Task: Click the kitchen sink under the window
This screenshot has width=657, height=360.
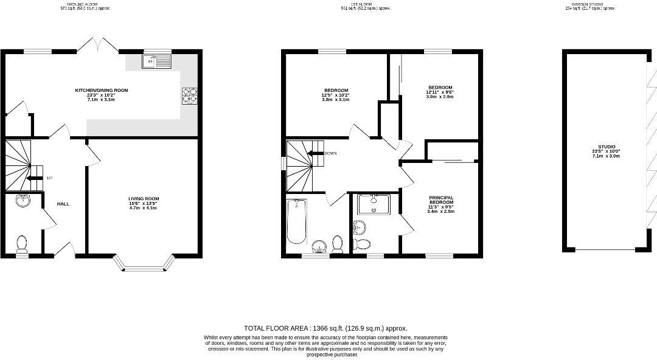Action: coord(157,61)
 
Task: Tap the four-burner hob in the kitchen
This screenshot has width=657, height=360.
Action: coord(189,96)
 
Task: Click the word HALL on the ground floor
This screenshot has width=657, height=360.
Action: coord(63,204)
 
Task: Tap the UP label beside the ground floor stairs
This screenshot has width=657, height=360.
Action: coord(49,178)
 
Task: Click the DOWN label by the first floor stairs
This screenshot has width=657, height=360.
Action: coord(331,153)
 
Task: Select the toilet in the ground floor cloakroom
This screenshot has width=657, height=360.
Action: coord(22,244)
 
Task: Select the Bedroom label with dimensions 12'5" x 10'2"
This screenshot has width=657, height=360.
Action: coord(335,95)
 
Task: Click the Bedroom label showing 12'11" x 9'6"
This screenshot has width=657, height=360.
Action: coord(440,92)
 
